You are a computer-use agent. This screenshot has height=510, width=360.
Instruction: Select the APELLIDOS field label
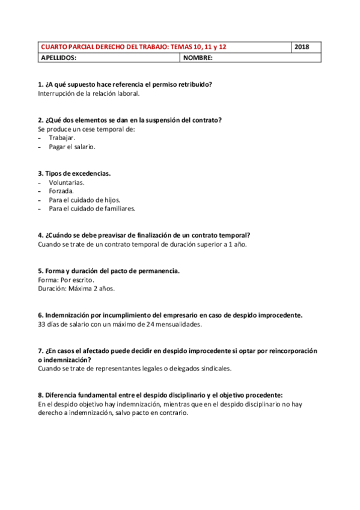pyautogui.click(x=58, y=58)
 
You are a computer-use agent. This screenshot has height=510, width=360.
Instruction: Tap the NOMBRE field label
pyautogui.click(x=198, y=58)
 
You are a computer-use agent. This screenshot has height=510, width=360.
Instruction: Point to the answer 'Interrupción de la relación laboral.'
pyautogui.click(x=88, y=93)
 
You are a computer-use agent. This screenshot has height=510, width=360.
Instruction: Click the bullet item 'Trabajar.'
pyautogui.click(x=63, y=137)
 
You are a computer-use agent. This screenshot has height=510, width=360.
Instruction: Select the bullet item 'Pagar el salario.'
pyautogui.click(x=72, y=146)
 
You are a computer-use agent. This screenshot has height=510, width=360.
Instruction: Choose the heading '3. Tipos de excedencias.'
pyautogui.click(x=74, y=173)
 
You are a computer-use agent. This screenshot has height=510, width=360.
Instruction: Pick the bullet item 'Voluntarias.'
pyautogui.click(x=67, y=182)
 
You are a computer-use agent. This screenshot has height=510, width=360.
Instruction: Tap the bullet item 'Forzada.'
pyautogui.click(x=61, y=191)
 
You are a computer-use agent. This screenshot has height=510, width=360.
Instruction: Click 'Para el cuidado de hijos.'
pyautogui.click(x=85, y=200)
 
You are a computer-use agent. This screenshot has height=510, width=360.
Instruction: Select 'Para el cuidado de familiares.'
pyautogui.click(x=92, y=209)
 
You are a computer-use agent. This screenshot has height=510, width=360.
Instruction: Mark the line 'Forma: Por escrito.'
pyautogui.click(x=66, y=280)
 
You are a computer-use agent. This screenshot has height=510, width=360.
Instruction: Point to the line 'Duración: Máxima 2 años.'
pyautogui.click(x=76, y=289)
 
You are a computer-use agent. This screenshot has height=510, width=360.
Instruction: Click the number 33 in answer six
pyautogui.click(x=41, y=324)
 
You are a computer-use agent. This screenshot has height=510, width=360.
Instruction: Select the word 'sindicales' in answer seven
pyautogui.click(x=215, y=368)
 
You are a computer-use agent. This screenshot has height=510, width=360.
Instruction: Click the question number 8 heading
pyautogui.click(x=159, y=395)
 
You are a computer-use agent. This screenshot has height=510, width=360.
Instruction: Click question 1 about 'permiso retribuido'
pyautogui.click(x=124, y=84)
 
